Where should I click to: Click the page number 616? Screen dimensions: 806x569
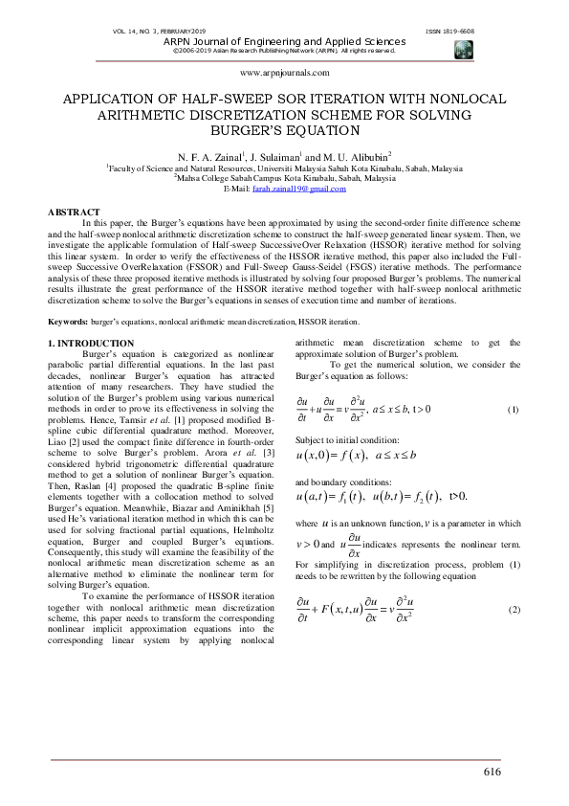click(492, 772)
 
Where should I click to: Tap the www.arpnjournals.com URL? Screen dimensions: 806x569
click(284, 72)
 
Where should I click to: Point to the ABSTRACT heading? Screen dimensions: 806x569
click(74, 211)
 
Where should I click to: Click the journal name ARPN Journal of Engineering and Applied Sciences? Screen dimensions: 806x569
click(284, 42)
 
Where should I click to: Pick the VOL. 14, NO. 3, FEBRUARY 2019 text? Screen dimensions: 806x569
click(158, 33)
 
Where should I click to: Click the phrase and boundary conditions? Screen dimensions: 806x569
click(337, 482)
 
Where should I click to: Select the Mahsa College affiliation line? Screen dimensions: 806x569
click(284, 177)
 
